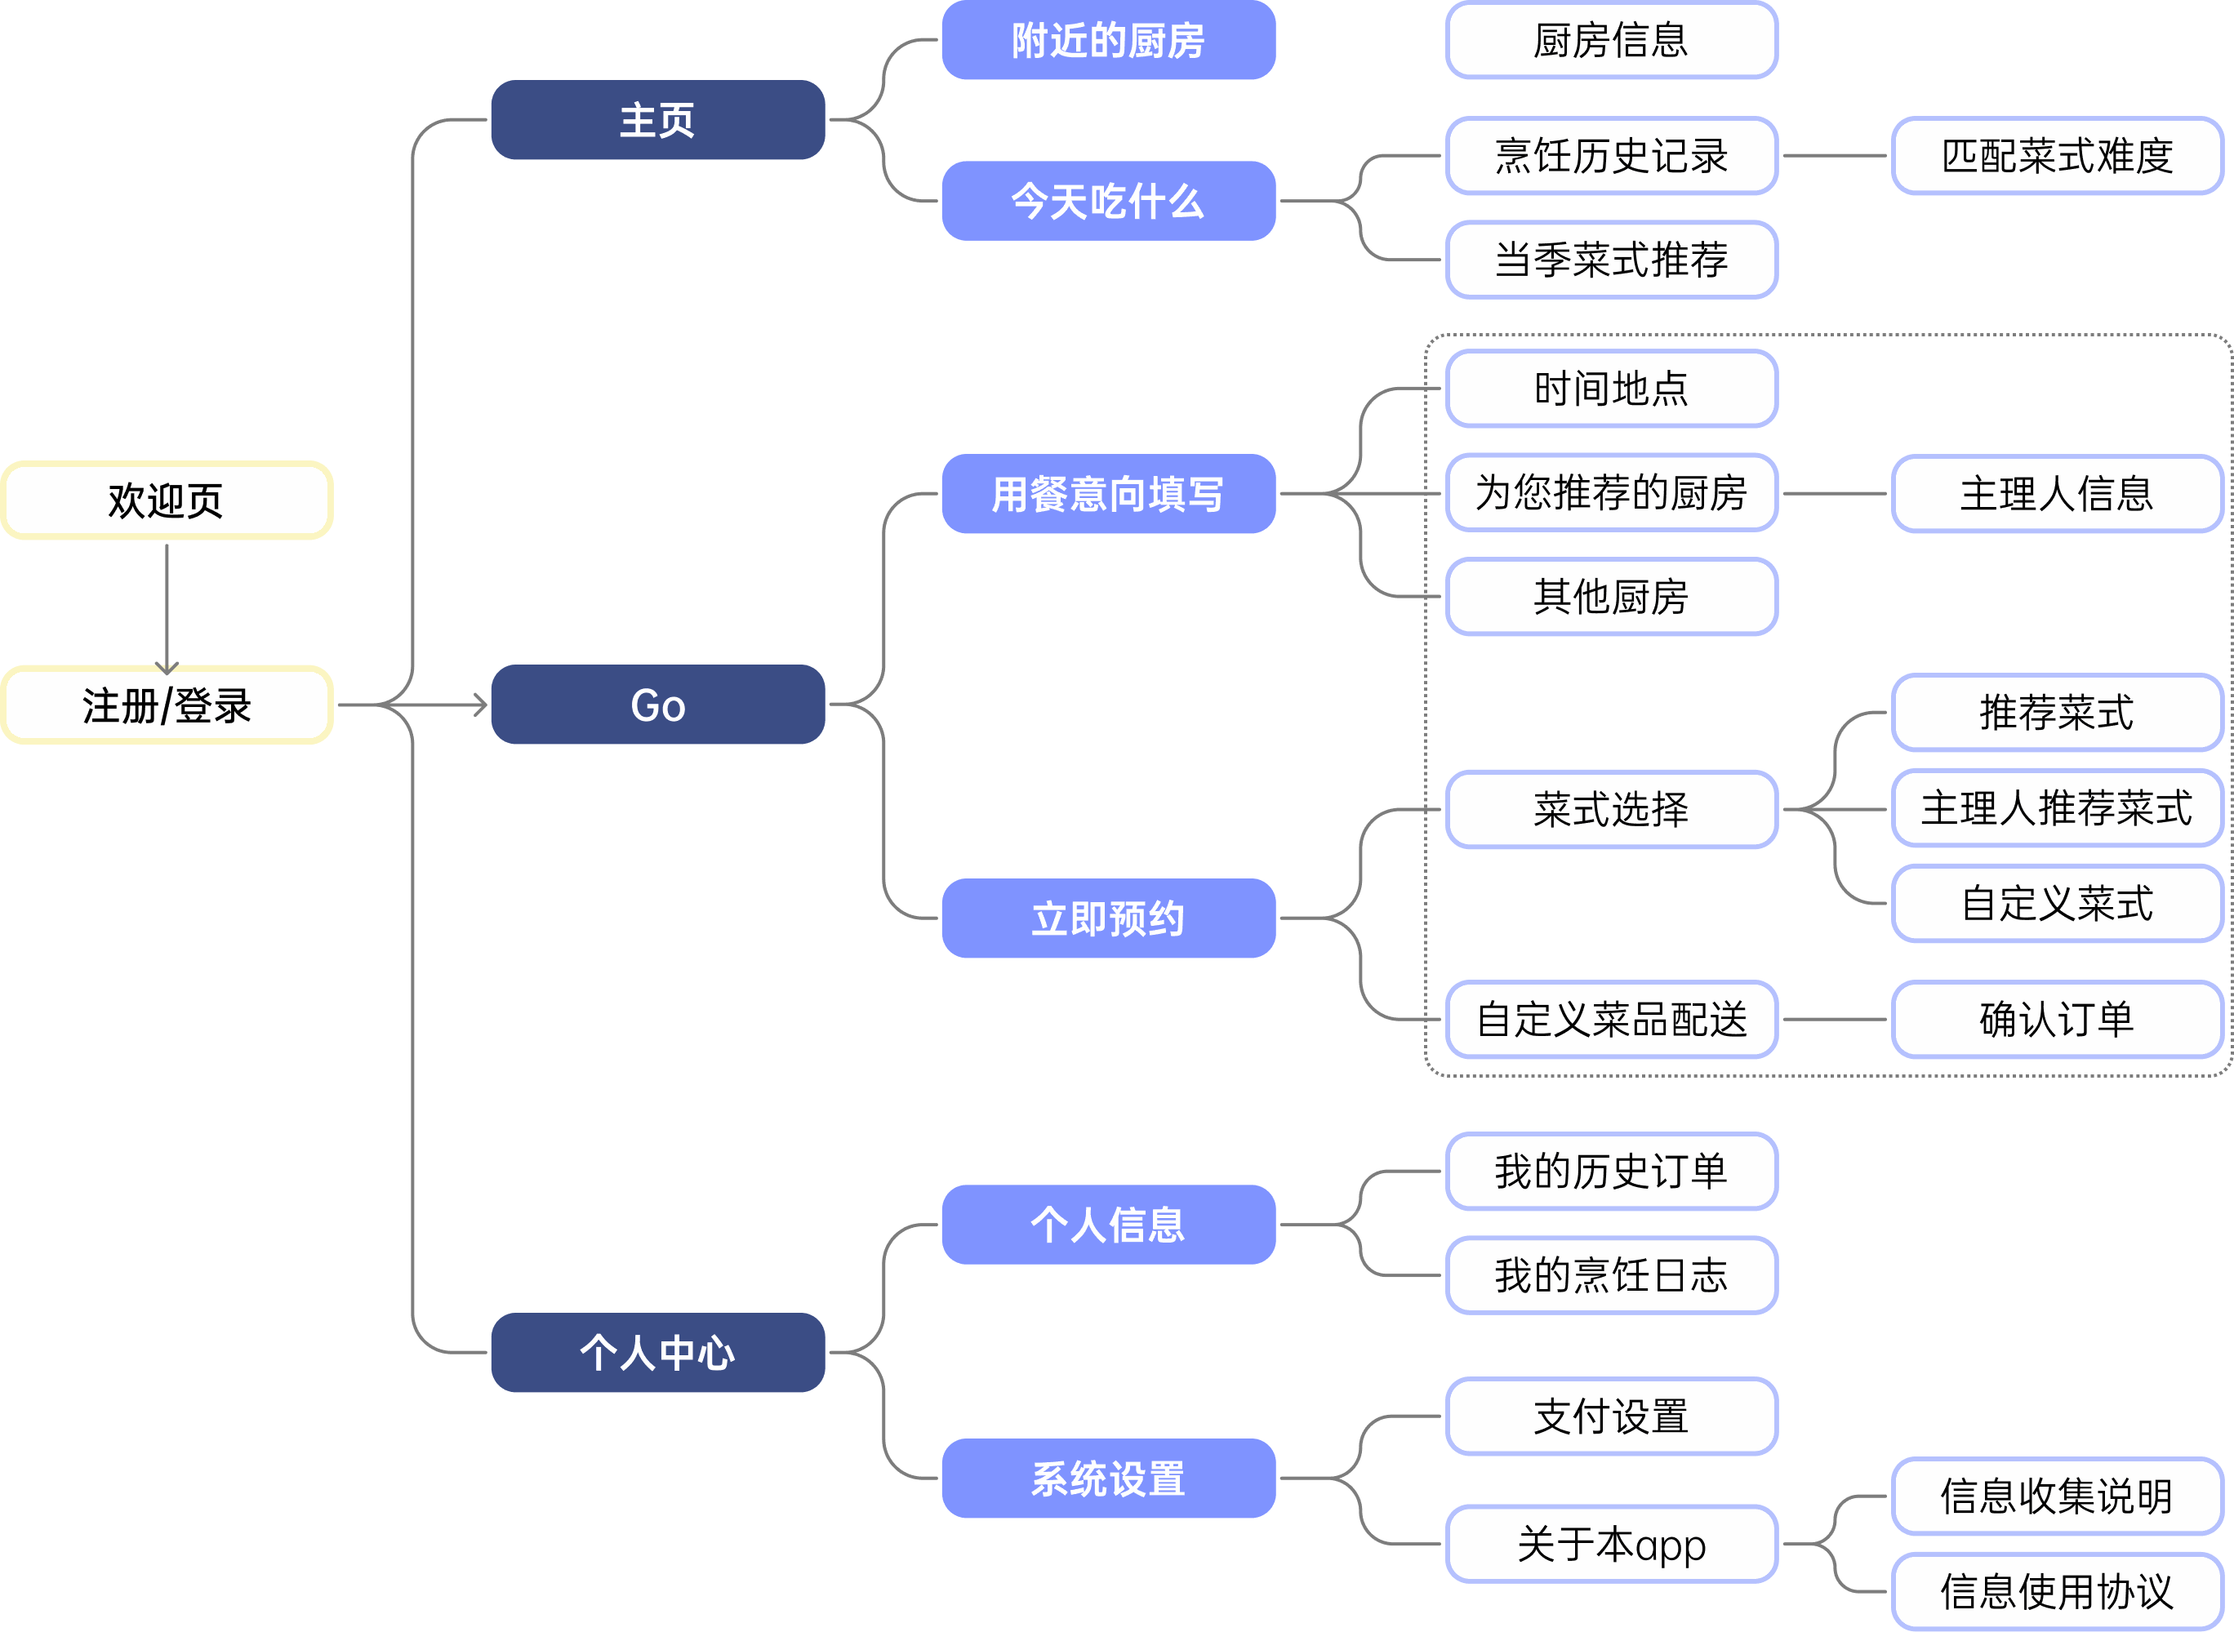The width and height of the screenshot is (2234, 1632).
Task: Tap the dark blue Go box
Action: coord(657,705)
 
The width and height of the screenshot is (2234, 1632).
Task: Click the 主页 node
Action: coord(657,119)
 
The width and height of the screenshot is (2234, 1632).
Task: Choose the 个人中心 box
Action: coord(657,1353)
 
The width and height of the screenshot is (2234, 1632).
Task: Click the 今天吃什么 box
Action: coord(1108,202)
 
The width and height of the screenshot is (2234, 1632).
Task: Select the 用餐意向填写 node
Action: coord(1108,494)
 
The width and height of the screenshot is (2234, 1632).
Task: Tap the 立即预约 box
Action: coord(1108,918)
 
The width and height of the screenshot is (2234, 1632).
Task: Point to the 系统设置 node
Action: coord(1108,1479)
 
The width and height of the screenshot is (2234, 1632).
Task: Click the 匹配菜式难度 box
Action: coord(2057,156)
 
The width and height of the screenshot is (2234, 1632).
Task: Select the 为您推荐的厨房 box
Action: coord(1612,493)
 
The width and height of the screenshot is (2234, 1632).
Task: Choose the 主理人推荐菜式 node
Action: coord(2057,809)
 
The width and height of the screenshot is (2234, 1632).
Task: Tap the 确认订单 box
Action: coord(2057,1020)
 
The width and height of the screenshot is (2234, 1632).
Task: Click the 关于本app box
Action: coord(1612,1544)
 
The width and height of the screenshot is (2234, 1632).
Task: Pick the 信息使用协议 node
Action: coord(2057,1591)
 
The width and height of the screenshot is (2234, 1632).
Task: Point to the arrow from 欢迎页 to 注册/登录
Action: coord(167,605)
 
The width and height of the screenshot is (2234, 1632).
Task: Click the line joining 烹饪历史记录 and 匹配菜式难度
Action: coord(1835,156)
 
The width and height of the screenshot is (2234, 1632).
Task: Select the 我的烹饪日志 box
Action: coord(1612,1275)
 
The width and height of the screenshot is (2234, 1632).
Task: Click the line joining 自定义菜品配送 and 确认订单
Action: coord(1835,1020)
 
